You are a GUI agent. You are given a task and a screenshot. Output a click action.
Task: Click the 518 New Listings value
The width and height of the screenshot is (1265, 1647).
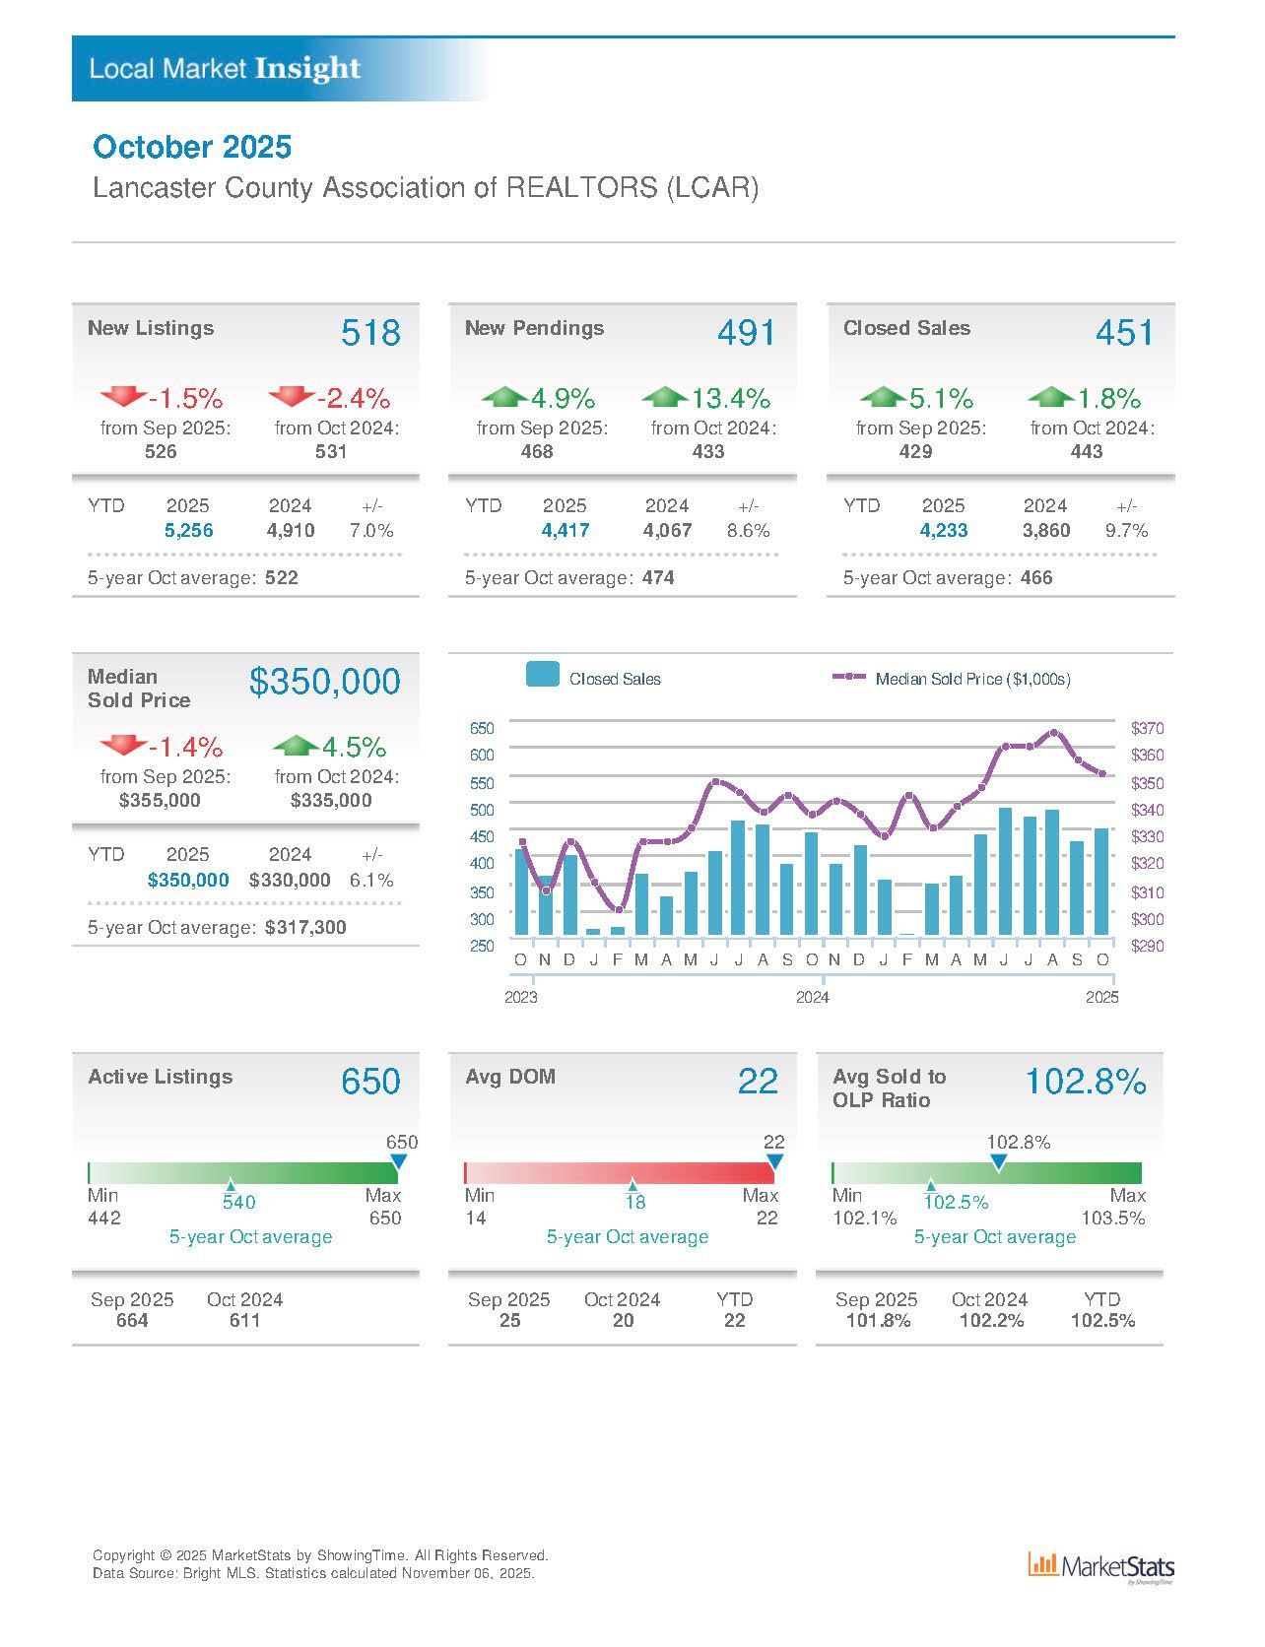[370, 333]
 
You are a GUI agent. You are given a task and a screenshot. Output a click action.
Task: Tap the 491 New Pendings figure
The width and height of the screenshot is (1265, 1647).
[746, 333]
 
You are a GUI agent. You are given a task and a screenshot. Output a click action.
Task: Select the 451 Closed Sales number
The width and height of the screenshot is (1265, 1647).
[1123, 333]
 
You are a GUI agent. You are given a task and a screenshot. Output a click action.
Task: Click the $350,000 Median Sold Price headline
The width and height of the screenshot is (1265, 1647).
[324, 682]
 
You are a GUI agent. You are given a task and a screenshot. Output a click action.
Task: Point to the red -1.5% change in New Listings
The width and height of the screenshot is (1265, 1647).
[185, 399]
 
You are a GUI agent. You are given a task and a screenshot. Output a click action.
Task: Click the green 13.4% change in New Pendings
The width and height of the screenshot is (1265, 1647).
[730, 399]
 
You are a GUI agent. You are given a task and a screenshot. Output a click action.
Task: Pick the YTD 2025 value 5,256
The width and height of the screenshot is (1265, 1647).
[188, 531]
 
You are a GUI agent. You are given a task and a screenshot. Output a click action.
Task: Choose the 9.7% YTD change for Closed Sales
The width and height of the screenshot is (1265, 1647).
[1126, 531]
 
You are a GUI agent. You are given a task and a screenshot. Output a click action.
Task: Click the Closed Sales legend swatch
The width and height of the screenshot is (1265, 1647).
[543, 675]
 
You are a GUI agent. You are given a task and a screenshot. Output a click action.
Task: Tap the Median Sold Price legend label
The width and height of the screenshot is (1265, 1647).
[972, 679]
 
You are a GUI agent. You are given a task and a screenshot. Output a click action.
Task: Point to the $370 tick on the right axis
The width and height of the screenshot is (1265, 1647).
[1147, 729]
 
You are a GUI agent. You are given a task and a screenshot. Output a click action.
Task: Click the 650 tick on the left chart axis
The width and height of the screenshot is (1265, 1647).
[482, 729]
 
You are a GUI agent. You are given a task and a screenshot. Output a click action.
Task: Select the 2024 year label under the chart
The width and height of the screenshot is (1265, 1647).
[812, 997]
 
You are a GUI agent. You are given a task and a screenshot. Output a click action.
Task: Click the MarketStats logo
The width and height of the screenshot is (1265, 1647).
[1100, 1566]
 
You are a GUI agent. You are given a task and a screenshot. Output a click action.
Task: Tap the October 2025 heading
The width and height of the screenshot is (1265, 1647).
[192, 147]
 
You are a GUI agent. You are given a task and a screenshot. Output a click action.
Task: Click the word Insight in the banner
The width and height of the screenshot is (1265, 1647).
[307, 68]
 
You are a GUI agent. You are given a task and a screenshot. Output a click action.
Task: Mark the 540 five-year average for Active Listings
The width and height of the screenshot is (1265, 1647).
[238, 1202]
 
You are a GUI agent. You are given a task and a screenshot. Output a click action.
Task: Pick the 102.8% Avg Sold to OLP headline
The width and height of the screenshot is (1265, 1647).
[1086, 1082]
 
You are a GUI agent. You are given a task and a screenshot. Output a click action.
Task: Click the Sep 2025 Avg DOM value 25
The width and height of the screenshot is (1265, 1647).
[509, 1321]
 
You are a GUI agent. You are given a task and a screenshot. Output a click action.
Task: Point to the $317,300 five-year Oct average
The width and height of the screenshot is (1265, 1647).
[305, 928]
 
